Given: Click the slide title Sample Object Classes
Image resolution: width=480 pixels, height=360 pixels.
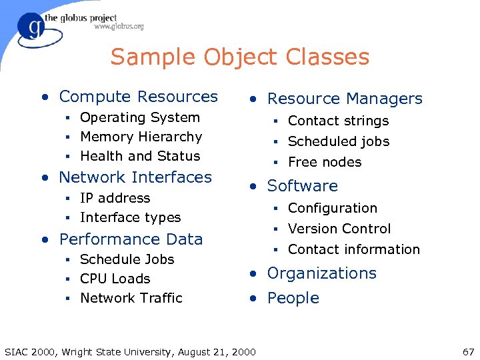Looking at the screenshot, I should (240, 57).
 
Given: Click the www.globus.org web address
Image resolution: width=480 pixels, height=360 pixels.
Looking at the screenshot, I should (119, 27).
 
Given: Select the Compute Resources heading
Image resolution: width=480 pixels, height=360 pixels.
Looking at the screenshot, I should (138, 97).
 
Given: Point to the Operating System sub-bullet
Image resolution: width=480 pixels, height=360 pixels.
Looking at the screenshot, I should (140, 118).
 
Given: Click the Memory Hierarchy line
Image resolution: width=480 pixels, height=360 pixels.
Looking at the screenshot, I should (141, 137).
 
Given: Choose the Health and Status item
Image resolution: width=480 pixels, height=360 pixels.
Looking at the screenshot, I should (140, 157).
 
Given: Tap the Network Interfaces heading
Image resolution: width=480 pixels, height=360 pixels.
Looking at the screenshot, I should (135, 177).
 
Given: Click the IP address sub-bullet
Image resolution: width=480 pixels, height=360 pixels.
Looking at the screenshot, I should (115, 199).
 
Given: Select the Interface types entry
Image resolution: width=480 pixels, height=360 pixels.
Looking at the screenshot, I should (130, 218).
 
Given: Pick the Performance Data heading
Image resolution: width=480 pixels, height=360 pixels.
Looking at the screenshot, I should (131, 239).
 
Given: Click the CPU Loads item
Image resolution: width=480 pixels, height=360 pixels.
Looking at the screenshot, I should (115, 279).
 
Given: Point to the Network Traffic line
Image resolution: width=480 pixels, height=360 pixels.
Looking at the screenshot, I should (131, 299).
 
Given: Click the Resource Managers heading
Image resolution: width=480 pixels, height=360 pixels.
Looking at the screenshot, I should (345, 99).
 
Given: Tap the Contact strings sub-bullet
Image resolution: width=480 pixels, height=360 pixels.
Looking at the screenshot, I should (338, 121).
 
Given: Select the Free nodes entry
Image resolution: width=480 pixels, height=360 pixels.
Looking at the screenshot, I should (325, 163).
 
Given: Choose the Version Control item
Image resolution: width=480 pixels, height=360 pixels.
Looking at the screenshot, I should (339, 229).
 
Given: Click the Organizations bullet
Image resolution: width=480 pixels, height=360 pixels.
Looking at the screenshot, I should (321, 273).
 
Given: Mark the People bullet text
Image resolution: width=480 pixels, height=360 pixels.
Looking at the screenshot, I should (293, 299).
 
